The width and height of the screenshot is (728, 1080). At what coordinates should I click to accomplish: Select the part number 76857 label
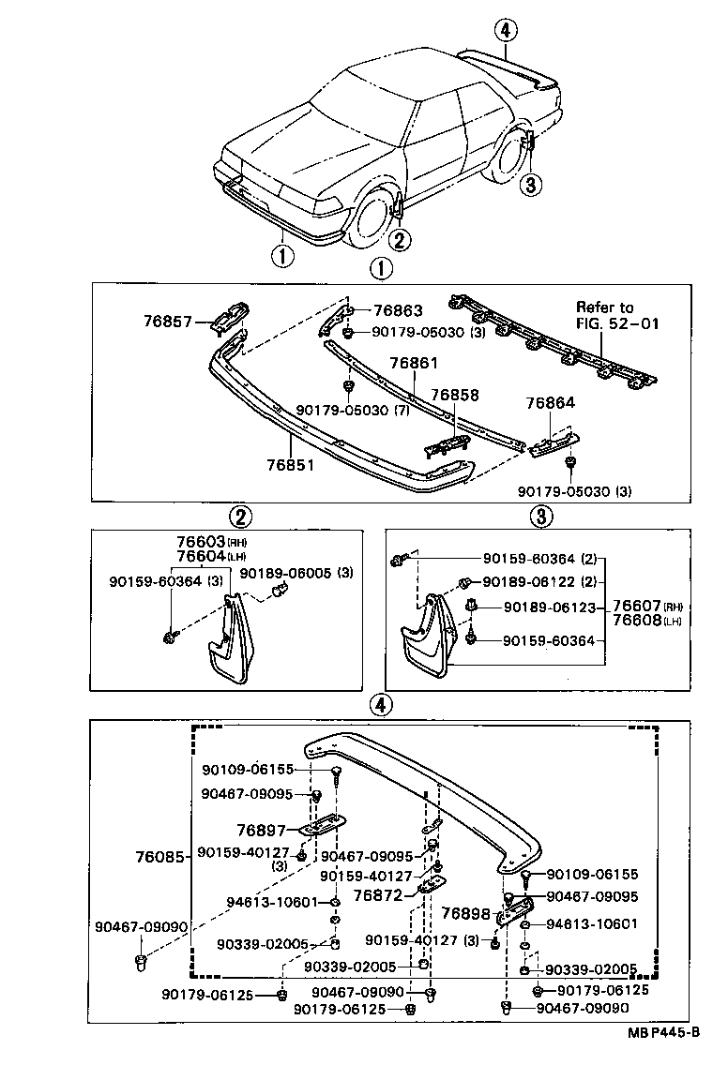(x=167, y=322)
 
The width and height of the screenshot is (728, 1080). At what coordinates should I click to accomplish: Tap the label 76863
(x=398, y=311)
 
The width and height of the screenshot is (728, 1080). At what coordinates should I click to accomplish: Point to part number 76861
(x=414, y=363)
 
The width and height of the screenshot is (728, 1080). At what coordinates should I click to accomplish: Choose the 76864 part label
(x=550, y=403)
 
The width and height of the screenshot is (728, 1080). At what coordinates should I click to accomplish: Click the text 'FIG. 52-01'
(x=618, y=323)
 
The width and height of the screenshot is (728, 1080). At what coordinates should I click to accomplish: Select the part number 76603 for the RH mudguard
(x=198, y=543)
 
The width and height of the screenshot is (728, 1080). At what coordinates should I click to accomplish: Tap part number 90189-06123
(x=550, y=607)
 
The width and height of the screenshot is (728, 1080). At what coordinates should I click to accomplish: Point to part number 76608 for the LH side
(x=638, y=621)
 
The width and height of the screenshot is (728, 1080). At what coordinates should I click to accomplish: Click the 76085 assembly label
(x=159, y=856)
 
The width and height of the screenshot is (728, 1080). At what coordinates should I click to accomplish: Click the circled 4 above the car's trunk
(x=505, y=30)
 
